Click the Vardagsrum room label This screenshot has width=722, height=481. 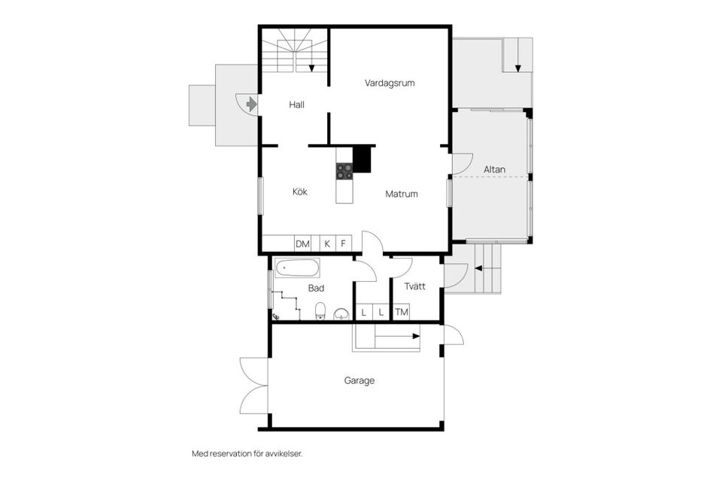coord(390,83)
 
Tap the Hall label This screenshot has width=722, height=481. coord(296,105)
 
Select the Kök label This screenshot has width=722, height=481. coord(300,192)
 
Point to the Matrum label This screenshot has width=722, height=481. coord(402,194)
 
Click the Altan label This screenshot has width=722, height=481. coord(494,169)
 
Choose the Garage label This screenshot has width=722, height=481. coord(359,381)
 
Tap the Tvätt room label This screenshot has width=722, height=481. coord(414,286)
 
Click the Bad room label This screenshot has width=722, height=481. coord(316,288)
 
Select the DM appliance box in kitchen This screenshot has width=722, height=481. coord(302,244)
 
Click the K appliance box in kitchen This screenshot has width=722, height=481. coord(327,244)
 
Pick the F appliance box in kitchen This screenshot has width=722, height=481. coord(344,244)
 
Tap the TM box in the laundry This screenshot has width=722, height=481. coord(402,312)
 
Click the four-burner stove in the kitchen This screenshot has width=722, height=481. coord(344,171)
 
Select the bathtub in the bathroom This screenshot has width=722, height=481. coord(297,268)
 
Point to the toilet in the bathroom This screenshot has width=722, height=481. coord(320,310)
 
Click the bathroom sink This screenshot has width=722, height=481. coord(342,313)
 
